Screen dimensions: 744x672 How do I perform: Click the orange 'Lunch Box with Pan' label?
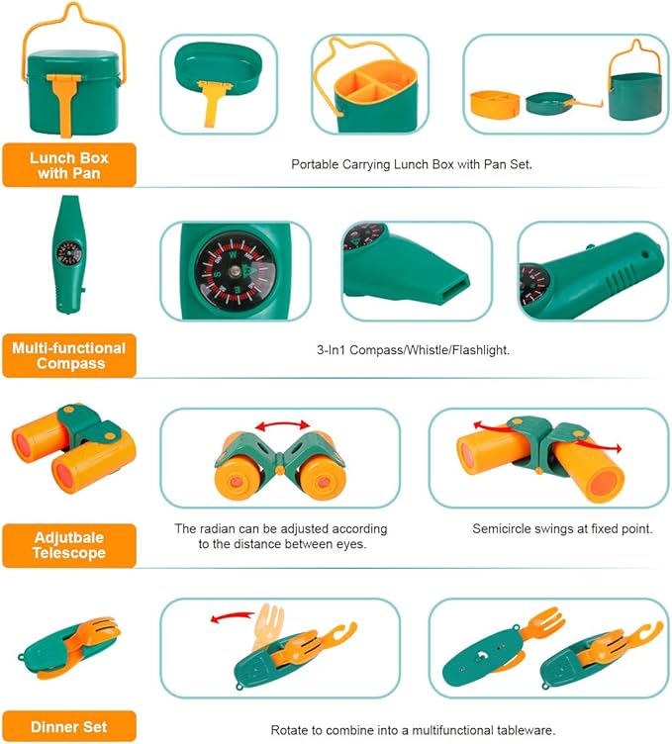68,165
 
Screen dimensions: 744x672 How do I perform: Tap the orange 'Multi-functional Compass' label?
68,355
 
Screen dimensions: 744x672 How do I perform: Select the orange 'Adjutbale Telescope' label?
68,545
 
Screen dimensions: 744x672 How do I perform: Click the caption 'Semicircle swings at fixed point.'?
562,529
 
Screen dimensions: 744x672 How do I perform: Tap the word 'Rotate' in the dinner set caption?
291,730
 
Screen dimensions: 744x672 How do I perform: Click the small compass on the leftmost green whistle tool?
68,253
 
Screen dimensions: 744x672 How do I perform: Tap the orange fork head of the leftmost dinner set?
99,631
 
